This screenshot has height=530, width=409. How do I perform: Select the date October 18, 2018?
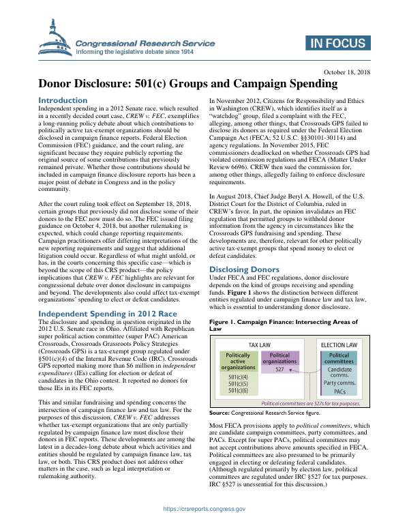346,72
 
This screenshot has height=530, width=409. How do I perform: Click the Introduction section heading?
63,100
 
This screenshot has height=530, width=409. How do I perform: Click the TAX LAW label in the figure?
262,346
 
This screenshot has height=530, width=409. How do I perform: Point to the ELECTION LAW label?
339,346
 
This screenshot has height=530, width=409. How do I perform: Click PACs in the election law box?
339,392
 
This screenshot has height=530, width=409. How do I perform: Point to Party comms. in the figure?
339,383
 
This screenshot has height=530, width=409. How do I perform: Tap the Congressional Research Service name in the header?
145,43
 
